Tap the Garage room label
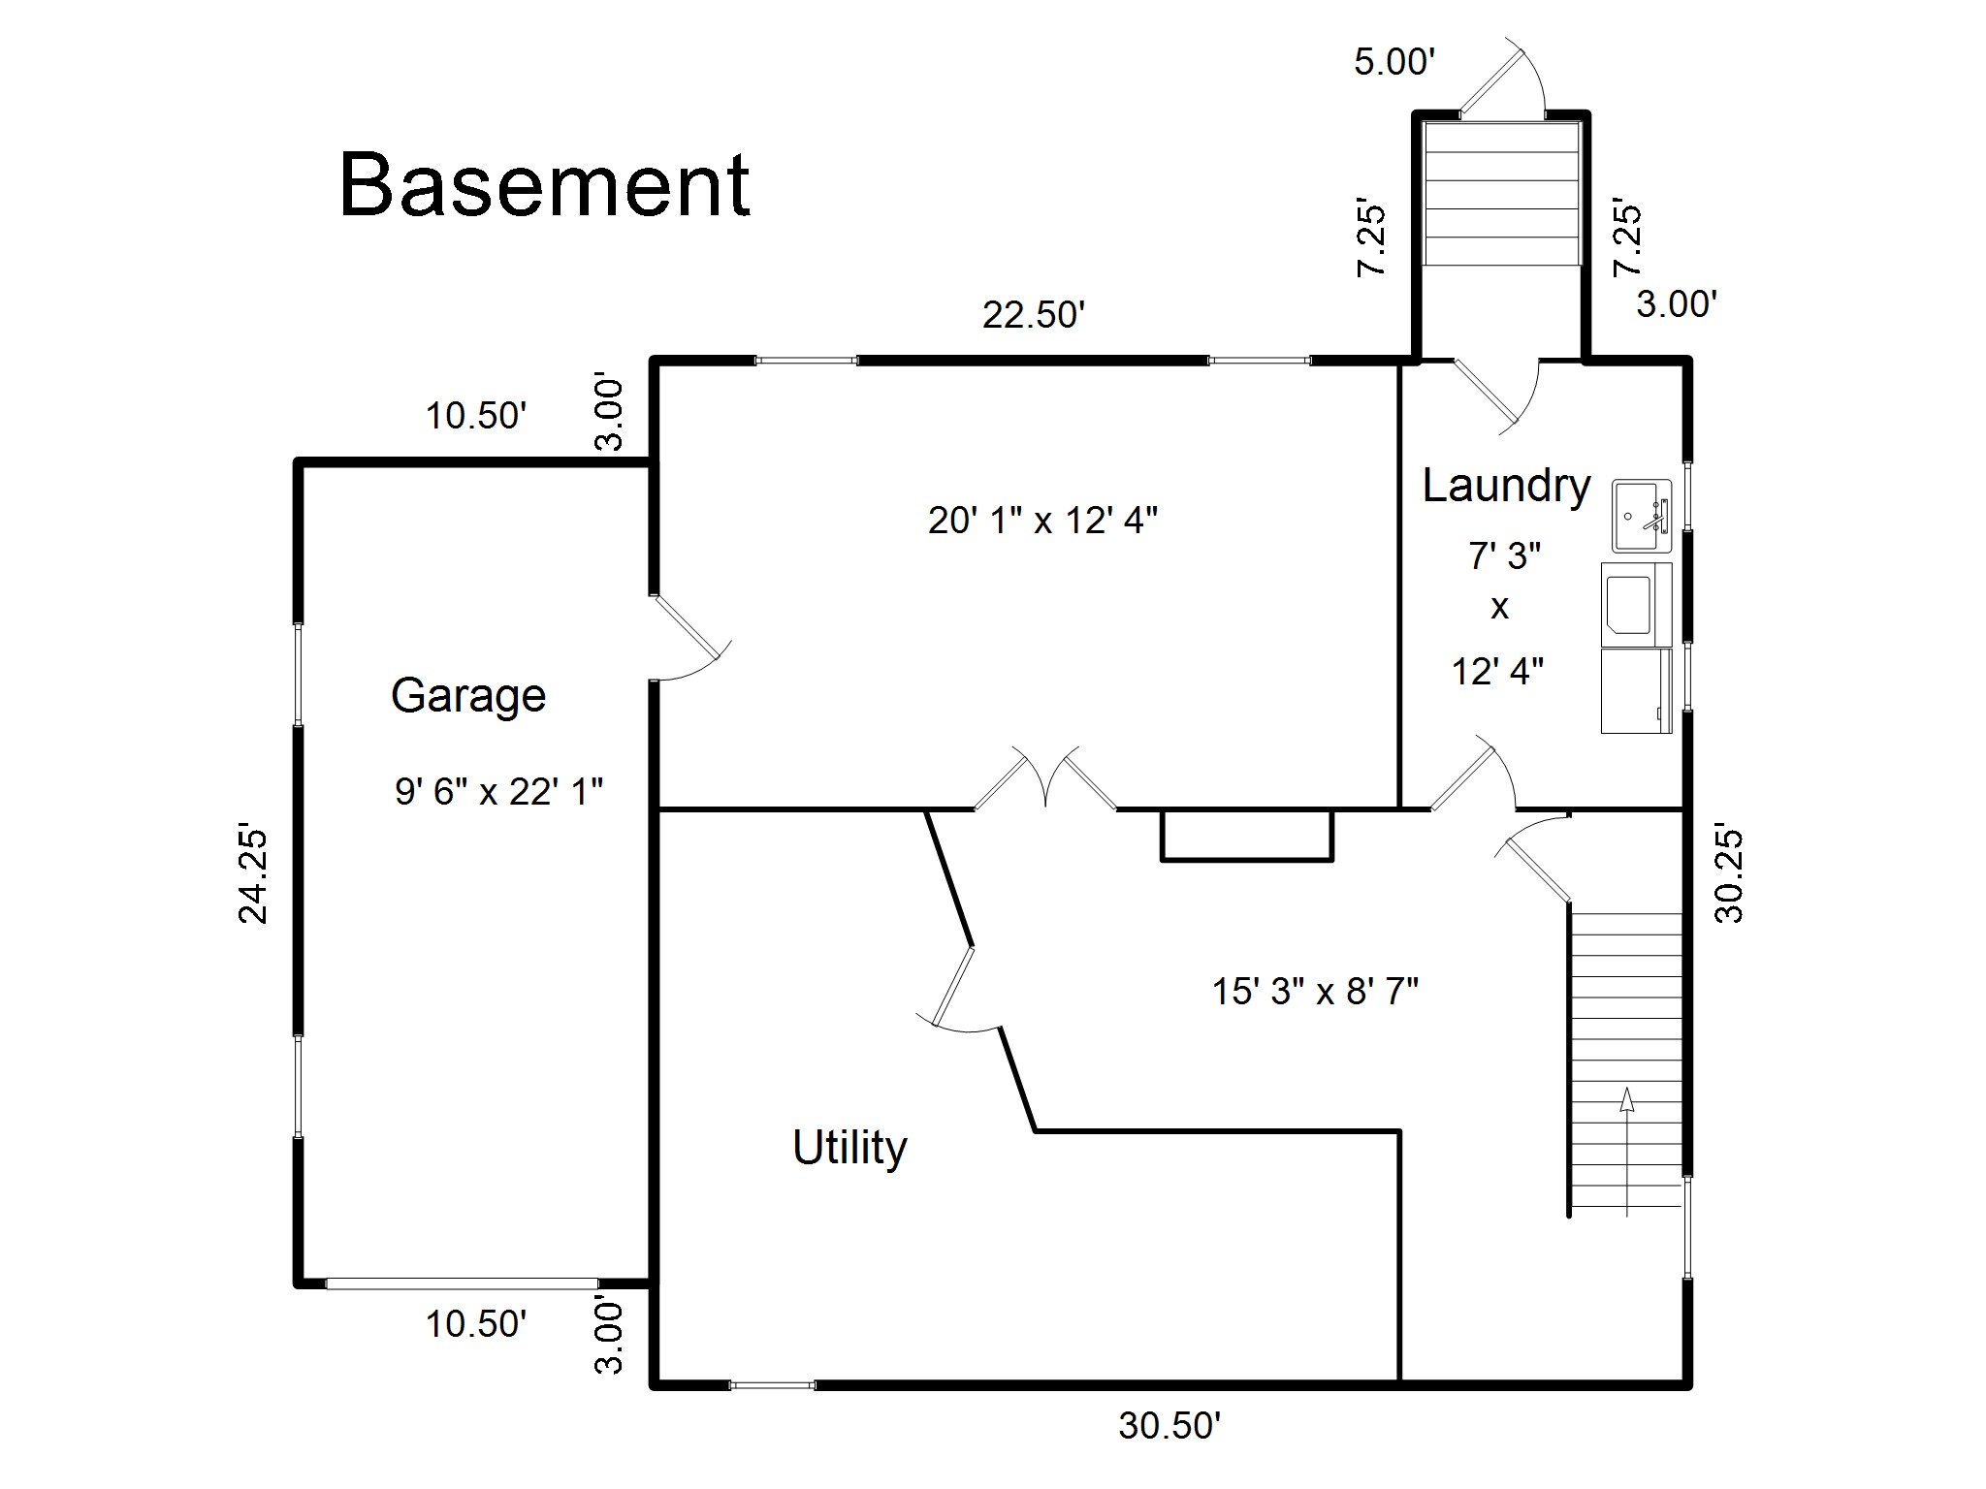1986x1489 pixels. point(468,696)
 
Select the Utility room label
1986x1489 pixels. point(849,1148)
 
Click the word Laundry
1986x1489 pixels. point(1506,486)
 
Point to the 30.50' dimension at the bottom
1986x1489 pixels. point(1169,1425)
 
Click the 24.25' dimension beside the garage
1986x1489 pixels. point(254,874)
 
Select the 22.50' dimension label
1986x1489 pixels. point(1034,315)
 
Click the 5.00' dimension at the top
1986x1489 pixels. point(1394,62)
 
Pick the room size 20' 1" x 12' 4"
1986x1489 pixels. point(1042,521)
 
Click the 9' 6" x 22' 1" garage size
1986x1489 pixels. point(498,792)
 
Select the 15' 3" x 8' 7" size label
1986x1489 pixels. point(1315,991)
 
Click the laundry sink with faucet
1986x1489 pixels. point(1642,517)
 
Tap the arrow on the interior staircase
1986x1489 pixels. point(1626,1152)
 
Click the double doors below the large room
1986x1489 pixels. point(1045,778)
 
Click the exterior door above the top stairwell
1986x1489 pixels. point(1502,81)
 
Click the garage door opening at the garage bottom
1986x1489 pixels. point(462,1283)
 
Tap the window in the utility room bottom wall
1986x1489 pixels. point(772,1385)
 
